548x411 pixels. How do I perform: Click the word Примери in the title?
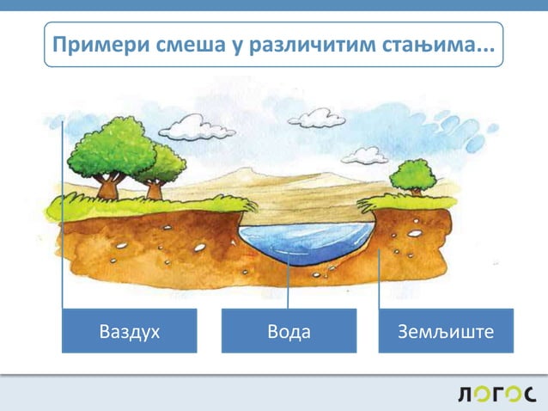click(92, 45)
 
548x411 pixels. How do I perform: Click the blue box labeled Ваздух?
click(129, 331)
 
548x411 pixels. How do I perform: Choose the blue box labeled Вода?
click(289, 331)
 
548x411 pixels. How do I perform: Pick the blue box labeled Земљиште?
click(446, 331)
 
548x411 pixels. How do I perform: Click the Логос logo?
click(496, 395)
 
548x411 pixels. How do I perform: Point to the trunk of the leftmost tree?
click(109, 186)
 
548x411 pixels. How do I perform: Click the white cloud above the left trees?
click(196, 129)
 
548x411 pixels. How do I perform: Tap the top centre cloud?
click(316, 118)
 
